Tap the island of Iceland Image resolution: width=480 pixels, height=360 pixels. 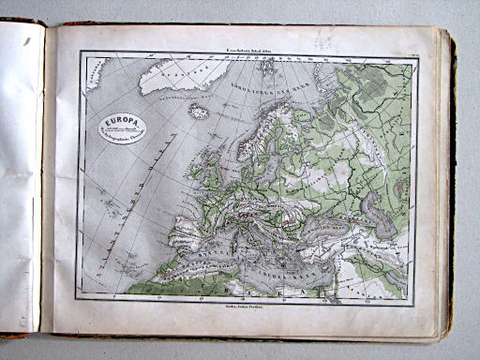pos(200,112)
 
